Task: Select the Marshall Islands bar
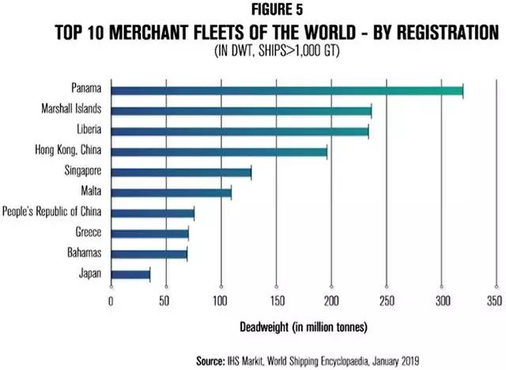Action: pos(240,111)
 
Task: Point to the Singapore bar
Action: pos(181,172)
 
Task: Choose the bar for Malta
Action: pos(171,192)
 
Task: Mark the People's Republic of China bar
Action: pos(152,213)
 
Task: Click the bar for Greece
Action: pos(149,233)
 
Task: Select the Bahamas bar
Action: pos(149,254)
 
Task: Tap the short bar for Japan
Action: pos(130,274)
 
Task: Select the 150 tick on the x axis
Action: pos(276,300)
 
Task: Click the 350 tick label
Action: pos(494,300)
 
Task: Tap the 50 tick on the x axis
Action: pos(165,300)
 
